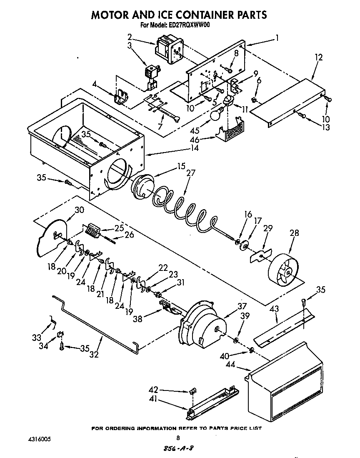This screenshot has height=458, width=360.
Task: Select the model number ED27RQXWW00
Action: (x=188, y=25)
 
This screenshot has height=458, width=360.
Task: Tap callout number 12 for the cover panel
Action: (x=318, y=58)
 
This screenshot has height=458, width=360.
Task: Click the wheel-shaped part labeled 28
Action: (x=286, y=271)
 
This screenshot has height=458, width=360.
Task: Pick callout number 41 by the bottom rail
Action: (x=154, y=402)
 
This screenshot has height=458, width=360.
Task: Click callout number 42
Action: (x=154, y=390)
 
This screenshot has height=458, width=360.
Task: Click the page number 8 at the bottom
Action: (x=178, y=438)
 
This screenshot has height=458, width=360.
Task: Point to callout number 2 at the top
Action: (x=130, y=36)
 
